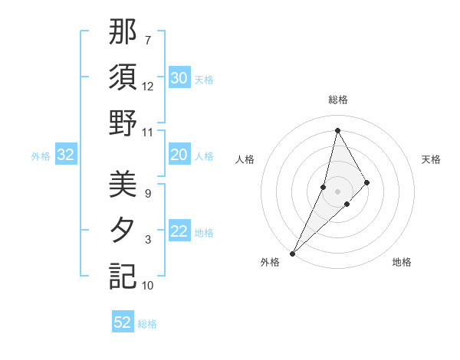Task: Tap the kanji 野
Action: (123, 123)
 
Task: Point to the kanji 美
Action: (123, 185)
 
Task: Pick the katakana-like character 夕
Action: (123, 231)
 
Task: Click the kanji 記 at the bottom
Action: (123, 277)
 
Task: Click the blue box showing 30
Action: (179, 78)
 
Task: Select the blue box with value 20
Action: (179, 155)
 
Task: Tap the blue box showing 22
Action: (179, 232)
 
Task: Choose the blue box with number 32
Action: (66, 155)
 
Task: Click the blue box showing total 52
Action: (123, 322)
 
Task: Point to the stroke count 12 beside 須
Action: (148, 86)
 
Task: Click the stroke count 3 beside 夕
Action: (148, 240)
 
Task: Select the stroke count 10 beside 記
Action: (148, 286)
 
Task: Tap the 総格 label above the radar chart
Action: (337, 100)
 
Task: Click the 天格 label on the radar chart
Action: (432, 159)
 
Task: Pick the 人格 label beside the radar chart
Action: (245, 159)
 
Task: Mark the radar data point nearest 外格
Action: (292, 253)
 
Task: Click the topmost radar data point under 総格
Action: (337, 130)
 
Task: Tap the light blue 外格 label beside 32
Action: (41, 156)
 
